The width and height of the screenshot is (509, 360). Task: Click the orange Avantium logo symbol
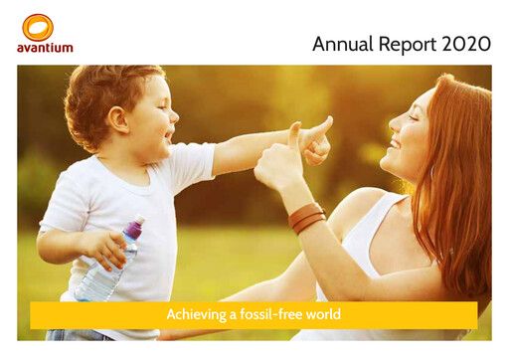click(37, 27)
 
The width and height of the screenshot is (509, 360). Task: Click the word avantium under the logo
click(45, 47)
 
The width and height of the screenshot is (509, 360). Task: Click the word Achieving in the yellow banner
click(195, 314)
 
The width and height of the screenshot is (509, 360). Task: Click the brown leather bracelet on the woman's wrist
click(307, 217)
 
